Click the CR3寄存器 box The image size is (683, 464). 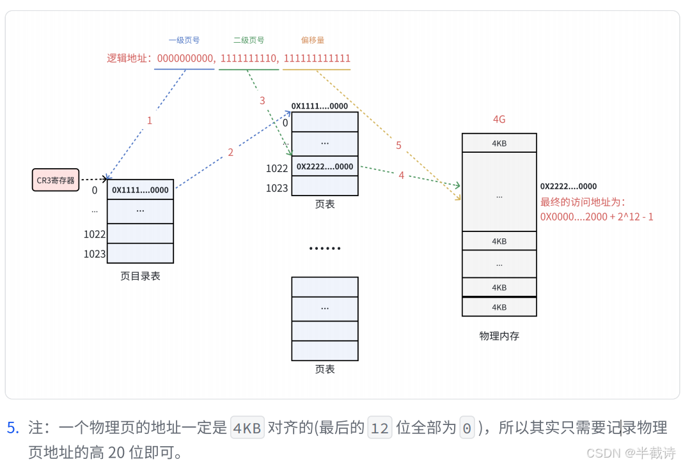click(x=55, y=180)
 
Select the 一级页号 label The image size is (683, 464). click(x=185, y=40)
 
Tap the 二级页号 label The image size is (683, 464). click(x=249, y=40)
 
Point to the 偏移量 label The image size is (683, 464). click(x=313, y=40)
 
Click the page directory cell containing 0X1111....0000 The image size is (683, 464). click(x=140, y=190)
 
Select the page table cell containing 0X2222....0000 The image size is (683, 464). click(x=325, y=167)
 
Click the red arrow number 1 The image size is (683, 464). click(x=150, y=120)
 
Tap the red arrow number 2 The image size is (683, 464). click(x=231, y=152)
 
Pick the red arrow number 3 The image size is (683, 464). click(x=262, y=101)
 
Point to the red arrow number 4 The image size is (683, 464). click(x=402, y=175)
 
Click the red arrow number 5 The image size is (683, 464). click(x=398, y=146)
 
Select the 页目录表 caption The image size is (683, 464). click(x=140, y=276)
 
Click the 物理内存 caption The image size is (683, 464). click(x=499, y=336)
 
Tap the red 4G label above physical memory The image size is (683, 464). click(x=499, y=120)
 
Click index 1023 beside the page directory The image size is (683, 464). click(x=95, y=254)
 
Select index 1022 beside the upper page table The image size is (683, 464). click(x=277, y=169)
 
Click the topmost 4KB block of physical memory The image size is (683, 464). click(x=499, y=143)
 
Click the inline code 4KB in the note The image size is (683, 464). click(x=247, y=428)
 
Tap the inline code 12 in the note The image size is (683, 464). click(x=380, y=428)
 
